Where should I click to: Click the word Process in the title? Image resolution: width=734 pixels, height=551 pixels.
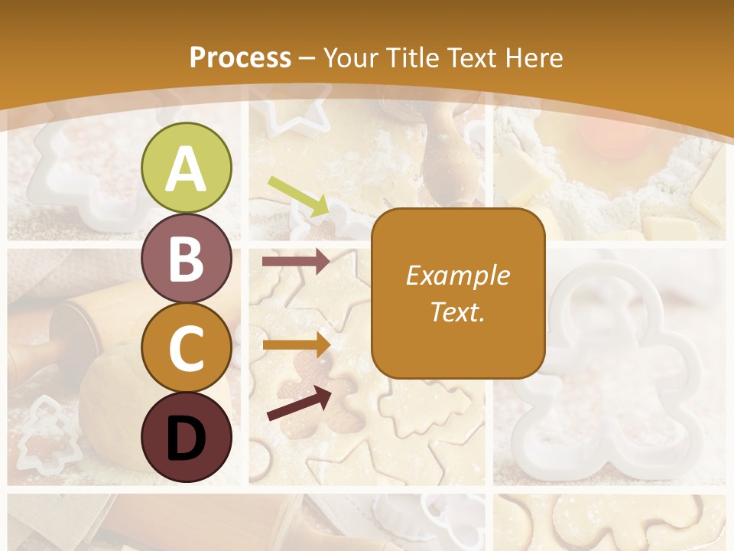point(240,57)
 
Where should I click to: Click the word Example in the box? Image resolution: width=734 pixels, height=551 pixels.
point(457,275)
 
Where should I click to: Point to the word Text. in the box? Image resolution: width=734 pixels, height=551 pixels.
point(457,311)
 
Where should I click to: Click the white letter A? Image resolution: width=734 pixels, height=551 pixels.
point(187,168)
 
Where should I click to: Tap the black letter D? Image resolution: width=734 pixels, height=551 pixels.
point(187,438)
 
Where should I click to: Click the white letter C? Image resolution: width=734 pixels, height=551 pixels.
point(187,348)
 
